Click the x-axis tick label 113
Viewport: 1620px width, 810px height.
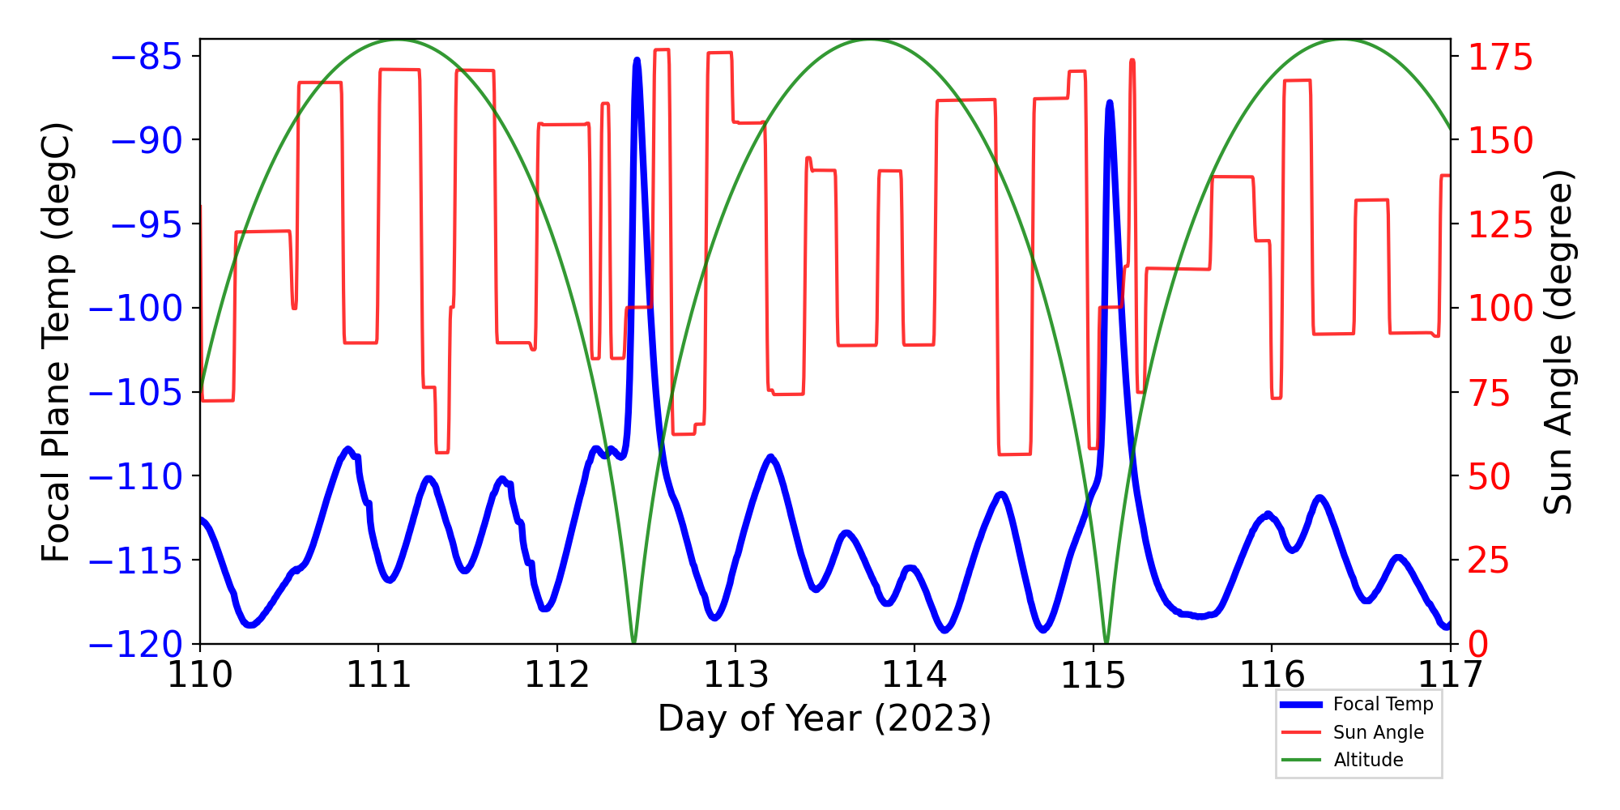click(735, 675)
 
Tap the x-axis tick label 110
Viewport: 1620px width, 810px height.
click(199, 675)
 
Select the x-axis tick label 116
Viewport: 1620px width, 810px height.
click(1272, 675)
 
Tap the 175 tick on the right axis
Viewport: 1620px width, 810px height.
click(1501, 58)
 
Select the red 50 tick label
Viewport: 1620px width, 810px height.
click(1490, 477)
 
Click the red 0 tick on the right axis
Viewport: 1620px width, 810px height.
click(1479, 646)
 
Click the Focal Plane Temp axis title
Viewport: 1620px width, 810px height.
click(56, 342)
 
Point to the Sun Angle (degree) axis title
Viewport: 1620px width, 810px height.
click(1557, 342)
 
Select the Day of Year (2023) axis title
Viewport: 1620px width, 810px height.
click(824, 718)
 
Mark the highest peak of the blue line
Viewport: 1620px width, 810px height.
click(637, 60)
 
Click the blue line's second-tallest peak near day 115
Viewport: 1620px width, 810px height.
click(1110, 103)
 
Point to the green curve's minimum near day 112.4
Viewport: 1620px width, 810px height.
click(633, 642)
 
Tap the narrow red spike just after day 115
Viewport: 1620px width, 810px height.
click(1132, 61)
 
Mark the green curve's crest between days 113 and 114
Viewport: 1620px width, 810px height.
click(871, 40)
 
